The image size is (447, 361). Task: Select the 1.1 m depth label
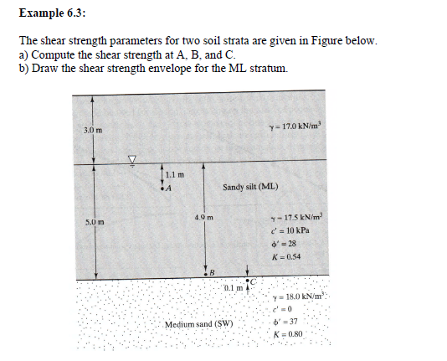click(173, 174)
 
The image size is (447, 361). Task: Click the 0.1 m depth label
click(234, 289)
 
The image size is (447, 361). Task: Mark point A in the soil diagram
click(170, 188)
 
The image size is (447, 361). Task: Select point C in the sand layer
click(249, 277)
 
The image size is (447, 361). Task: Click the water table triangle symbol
click(130, 158)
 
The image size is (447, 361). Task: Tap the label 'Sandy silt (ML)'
click(250, 187)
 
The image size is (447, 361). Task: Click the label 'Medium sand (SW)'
click(198, 323)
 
